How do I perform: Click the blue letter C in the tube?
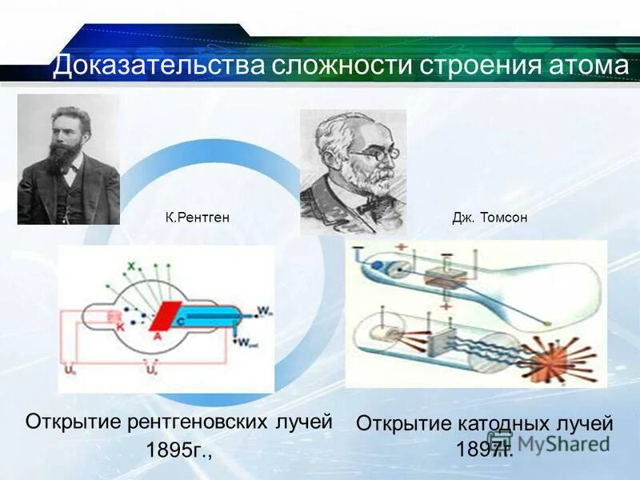tap(181, 321)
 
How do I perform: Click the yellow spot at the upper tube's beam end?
tap(546, 322)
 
